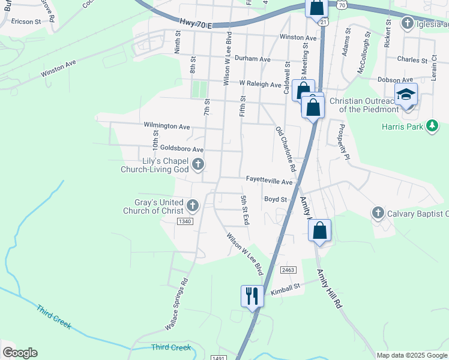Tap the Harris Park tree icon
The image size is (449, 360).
431,126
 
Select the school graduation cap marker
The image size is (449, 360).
406,95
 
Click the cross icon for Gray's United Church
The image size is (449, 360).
193,206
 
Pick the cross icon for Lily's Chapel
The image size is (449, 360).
197,164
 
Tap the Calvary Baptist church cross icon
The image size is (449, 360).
378,213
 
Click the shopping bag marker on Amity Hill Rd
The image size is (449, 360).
321,230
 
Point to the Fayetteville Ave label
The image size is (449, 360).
270,181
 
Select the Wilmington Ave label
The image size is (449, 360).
167,127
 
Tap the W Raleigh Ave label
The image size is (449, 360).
260,85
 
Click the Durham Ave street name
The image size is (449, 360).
253,59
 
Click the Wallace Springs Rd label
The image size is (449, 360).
176,304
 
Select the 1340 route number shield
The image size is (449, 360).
185,221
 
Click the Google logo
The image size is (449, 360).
20,353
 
